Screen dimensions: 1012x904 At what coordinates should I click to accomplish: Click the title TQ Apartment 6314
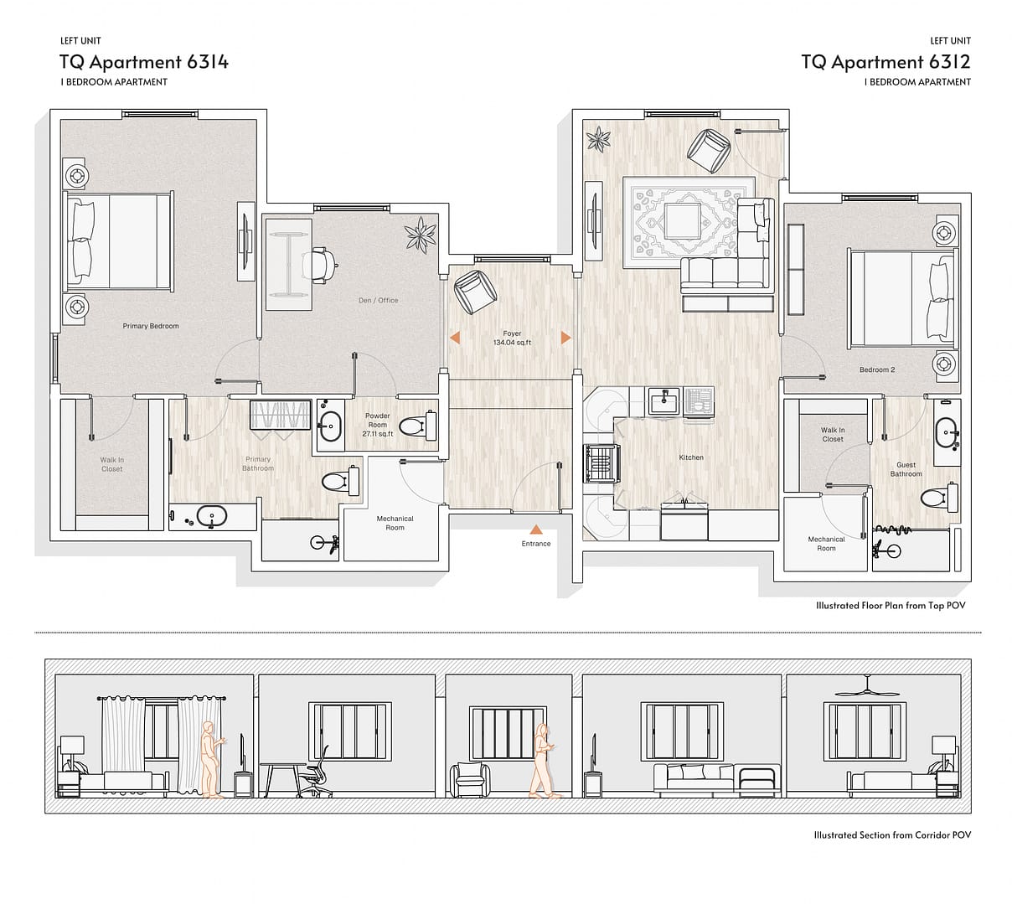coord(144,62)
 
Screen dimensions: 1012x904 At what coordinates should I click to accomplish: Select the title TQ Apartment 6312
coord(886,62)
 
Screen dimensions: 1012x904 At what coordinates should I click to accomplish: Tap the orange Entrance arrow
coord(536,529)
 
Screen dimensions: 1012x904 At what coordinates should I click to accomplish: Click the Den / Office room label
coord(378,300)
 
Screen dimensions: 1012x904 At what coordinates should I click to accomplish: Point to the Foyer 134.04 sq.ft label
coord(512,338)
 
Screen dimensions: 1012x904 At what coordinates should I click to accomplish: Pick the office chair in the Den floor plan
coord(320,266)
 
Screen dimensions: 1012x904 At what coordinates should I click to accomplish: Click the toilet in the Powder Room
coord(419,426)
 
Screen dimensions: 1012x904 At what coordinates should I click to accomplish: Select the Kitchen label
coord(691,457)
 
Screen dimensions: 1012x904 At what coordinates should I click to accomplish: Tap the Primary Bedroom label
coord(151,326)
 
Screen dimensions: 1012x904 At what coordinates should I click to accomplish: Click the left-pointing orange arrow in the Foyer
coord(455,338)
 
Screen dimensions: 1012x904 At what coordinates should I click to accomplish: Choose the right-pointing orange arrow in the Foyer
coord(566,338)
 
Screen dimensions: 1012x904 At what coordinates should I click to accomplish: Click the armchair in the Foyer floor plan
coord(475,292)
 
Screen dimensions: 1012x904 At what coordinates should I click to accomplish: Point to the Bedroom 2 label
coord(876,369)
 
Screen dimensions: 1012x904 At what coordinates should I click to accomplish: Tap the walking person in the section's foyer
coord(542,760)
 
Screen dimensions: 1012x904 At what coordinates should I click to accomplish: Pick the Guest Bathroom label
coord(906,469)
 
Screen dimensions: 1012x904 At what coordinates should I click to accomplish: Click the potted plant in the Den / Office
coord(421,234)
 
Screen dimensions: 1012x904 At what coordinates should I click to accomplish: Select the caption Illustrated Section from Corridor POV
coord(892,834)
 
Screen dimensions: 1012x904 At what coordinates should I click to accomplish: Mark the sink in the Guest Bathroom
coord(947,431)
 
